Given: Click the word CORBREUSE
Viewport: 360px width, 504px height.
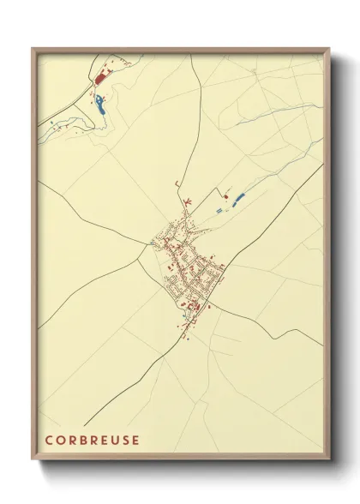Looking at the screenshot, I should tap(93, 440).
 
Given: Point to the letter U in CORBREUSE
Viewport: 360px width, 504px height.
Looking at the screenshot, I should tap(115, 440).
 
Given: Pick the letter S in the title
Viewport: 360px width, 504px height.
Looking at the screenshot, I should tap(125, 440).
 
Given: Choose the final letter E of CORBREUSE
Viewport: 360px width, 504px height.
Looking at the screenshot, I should tap(135, 440).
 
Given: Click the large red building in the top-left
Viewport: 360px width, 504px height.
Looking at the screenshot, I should tap(99, 78).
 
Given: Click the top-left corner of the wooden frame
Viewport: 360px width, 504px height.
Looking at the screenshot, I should tap(33, 49).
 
